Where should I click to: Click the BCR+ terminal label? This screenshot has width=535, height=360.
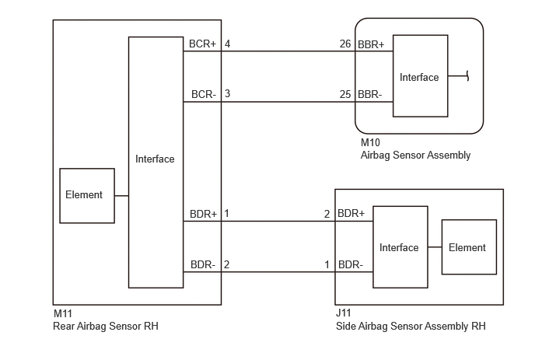[202, 44]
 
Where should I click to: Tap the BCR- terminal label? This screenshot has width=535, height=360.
[204, 94]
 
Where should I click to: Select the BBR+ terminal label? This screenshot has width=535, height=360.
[371, 44]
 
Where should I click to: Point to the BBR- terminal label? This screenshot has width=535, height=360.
[370, 94]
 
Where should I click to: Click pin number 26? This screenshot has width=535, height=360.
[345, 44]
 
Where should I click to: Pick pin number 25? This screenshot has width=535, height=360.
[345, 94]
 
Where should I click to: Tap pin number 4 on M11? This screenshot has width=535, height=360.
[227, 44]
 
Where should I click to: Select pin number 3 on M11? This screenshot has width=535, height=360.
[227, 93]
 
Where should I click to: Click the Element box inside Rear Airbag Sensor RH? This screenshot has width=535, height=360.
[87, 195]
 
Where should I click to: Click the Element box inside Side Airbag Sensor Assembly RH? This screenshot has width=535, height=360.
[469, 247]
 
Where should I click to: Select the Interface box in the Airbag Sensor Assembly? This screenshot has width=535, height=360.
[421, 75]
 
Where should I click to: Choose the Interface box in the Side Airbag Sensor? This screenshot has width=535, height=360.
[400, 247]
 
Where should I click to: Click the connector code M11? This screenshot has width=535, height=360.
[63, 313]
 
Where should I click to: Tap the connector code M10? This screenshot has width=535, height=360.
[370, 142]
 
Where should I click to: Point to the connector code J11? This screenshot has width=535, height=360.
[343, 313]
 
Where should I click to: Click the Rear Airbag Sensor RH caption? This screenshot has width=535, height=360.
[106, 327]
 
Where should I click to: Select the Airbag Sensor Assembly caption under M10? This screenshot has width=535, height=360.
[415, 156]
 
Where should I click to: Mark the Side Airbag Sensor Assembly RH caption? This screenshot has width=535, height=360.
[411, 327]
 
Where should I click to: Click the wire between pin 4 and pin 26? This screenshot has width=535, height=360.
[288, 51]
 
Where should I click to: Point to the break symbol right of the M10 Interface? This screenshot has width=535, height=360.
[468, 75]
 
